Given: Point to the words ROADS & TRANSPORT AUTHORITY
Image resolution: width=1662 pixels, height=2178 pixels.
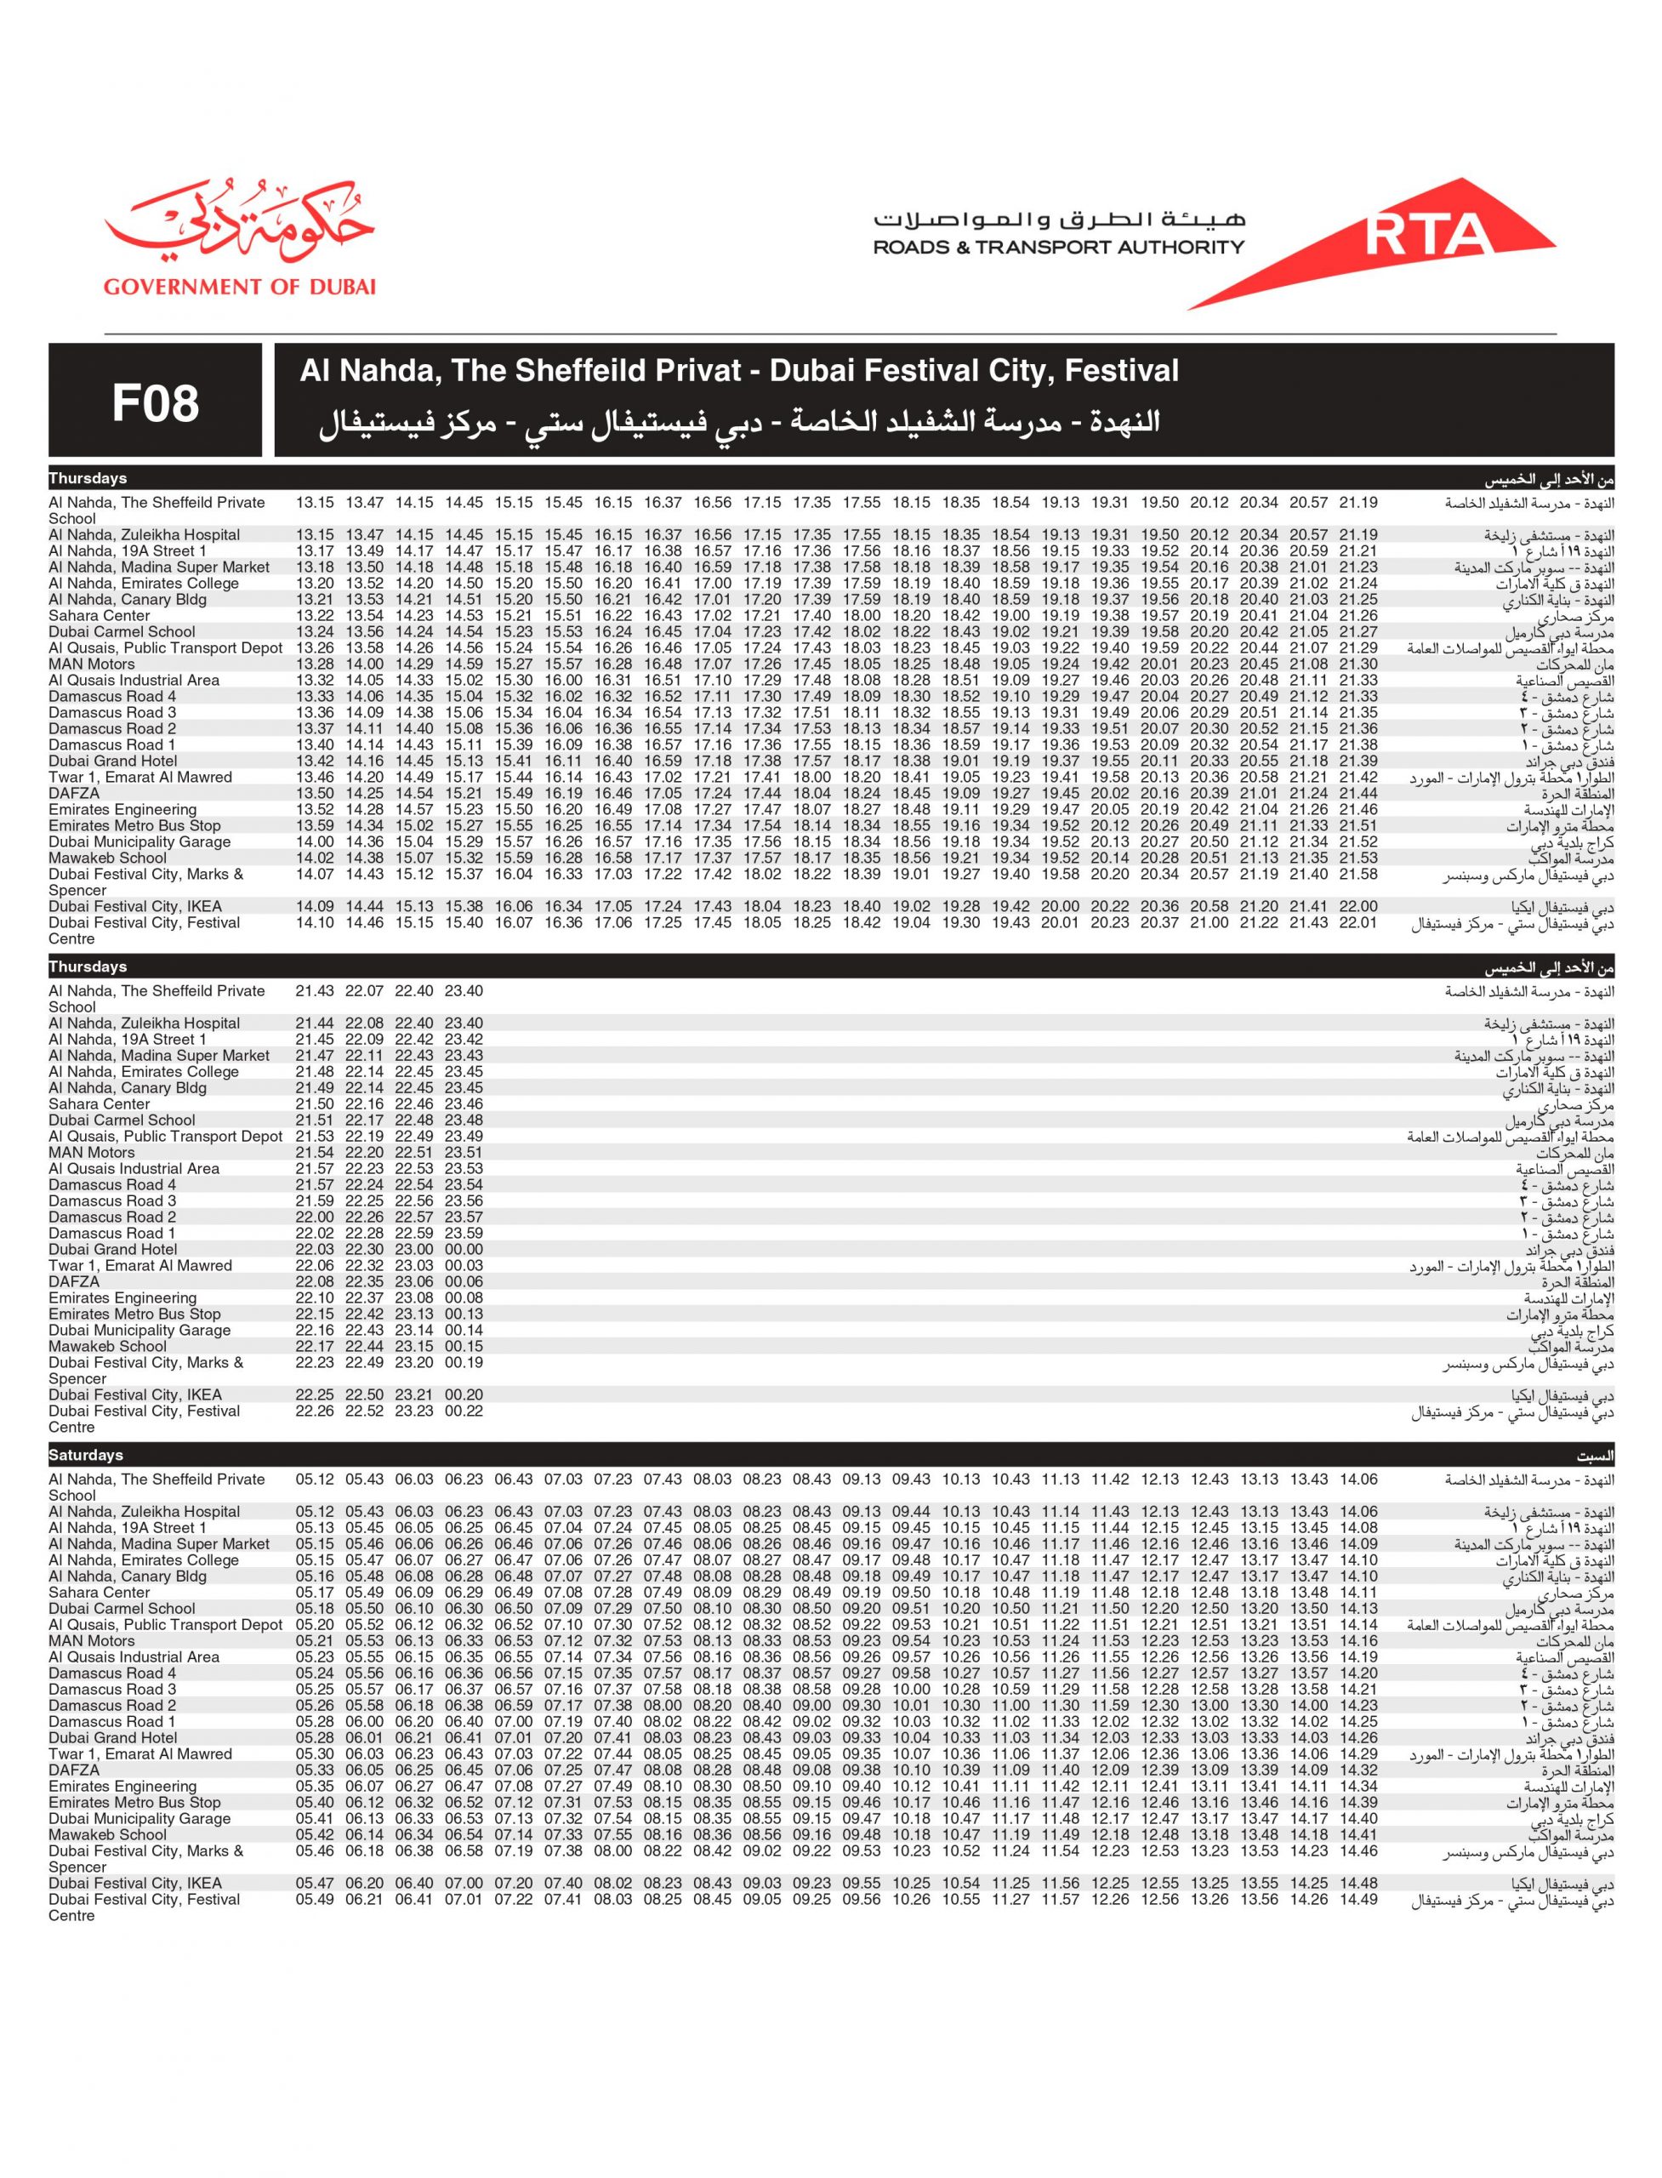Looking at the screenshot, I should pos(1057,248).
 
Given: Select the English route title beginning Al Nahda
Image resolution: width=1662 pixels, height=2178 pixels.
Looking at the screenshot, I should pos(739,371).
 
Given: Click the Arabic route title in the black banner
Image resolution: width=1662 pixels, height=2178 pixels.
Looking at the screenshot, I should pos(739,423).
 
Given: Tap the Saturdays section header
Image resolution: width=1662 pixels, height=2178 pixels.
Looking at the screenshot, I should pos(86,1456).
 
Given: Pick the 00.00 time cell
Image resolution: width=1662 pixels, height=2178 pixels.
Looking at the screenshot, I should pos(464,1250).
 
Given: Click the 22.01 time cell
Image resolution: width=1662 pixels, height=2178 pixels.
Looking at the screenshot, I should pos(1358,923).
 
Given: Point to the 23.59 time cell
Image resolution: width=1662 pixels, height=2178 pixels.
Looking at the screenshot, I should pos(464,1234).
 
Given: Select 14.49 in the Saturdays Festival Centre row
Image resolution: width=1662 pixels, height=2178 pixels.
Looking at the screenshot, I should pos(1358,1900).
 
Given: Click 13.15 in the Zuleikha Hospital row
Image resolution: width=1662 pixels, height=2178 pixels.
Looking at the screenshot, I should pos(315,535).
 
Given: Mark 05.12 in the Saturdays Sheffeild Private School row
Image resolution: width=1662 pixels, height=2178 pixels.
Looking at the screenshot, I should pos(315,1480).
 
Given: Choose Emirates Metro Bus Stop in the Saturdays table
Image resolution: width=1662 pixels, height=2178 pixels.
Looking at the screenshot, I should pos(134,1803).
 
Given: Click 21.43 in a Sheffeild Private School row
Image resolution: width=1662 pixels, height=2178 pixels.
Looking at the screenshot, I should pos(315,991).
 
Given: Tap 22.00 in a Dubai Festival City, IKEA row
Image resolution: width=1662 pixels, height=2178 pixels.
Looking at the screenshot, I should pos(1358,906).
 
